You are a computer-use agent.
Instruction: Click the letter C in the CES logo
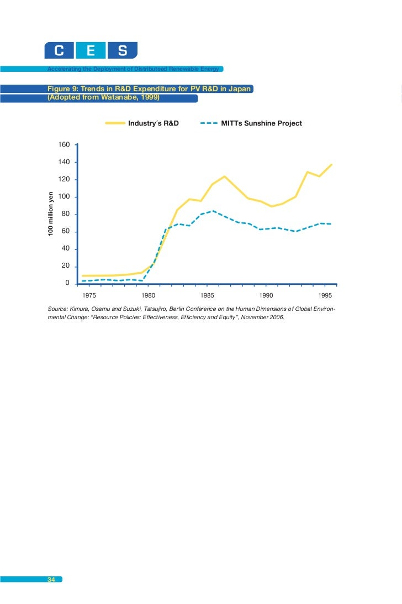(59, 51)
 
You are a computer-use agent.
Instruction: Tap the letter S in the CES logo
(123, 51)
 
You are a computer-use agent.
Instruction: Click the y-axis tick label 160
(64, 145)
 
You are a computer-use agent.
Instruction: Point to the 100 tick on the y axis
(64, 197)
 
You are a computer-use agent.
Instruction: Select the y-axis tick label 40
(66, 249)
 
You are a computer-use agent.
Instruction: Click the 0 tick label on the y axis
(67, 284)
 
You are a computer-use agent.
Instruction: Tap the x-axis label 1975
(89, 295)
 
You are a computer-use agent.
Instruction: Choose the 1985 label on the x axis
(207, 295)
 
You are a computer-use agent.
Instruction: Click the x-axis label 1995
(325, 295)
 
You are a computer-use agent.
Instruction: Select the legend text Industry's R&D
(154, 123)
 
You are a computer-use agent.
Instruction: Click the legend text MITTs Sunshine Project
(261, 123)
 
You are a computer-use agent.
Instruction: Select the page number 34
(51, 580)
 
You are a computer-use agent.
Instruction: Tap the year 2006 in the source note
(276, 318)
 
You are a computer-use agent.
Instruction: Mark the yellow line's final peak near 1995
(331, 164)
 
